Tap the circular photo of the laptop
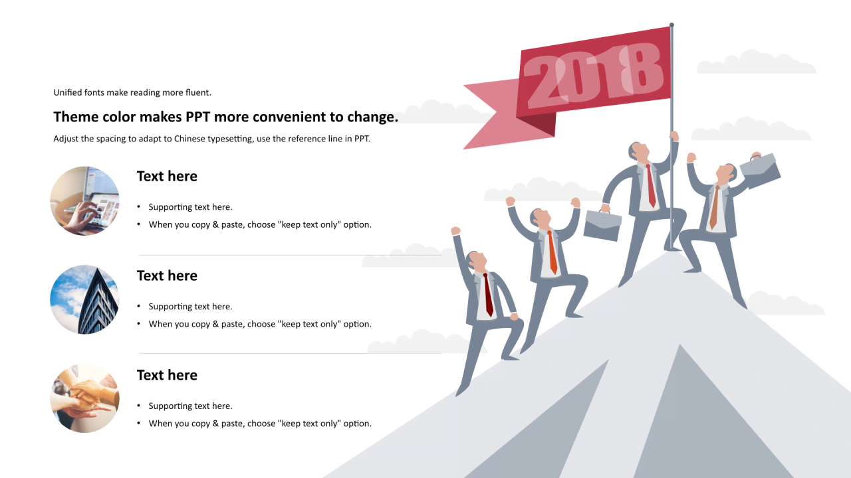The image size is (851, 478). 84,200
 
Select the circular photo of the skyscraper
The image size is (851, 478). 84,299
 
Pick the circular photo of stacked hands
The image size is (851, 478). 84,398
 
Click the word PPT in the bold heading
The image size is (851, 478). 197,117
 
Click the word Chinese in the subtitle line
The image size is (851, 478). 189,139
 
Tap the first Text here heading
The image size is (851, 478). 167,176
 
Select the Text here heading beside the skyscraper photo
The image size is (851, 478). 167,276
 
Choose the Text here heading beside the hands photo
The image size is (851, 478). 167,375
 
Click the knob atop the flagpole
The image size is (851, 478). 671,25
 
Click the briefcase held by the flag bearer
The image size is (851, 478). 602,224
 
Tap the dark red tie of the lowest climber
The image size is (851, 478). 488,295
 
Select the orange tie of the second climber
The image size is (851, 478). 552,252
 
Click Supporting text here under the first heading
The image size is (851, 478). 190,207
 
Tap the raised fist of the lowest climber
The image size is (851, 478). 455,230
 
